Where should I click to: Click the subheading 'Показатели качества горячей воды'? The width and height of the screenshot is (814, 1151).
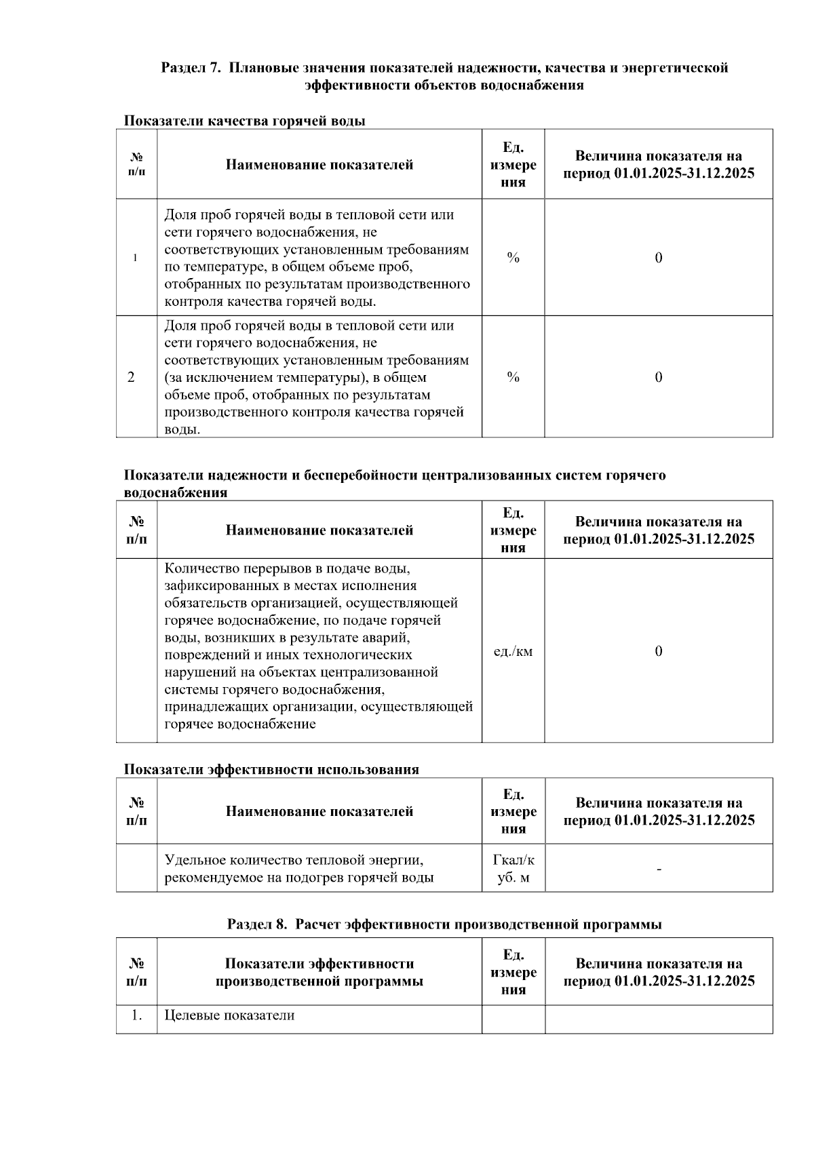point(244,121)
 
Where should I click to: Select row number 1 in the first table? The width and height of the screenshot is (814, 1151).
point(136,258)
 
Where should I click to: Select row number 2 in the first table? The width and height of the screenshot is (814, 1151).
point(131,377)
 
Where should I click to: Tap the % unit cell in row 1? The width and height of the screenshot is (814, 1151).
point(513,258)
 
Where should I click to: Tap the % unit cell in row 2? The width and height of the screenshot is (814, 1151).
point(513,377)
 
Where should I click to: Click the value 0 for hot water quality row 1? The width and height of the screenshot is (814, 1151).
point(658,258)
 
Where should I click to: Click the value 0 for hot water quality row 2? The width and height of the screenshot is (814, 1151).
point(658,377)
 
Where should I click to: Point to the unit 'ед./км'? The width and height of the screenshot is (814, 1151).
point(513,652)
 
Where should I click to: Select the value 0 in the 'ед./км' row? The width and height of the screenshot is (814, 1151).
point(658,652)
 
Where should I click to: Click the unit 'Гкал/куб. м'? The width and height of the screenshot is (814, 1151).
point(513,869)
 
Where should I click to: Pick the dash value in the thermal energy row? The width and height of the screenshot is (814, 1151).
point(658,869)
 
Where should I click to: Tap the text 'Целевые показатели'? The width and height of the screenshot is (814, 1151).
point(229,1015)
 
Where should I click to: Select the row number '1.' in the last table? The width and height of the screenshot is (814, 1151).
point(136,1015)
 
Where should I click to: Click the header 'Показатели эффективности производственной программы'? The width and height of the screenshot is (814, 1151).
point(319,972)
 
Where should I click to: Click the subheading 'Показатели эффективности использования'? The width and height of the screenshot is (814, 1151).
point(271,770)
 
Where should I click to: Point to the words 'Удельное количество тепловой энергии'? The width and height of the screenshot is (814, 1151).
point(294,860)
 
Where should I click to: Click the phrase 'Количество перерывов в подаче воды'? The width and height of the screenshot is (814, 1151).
point(287,568)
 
